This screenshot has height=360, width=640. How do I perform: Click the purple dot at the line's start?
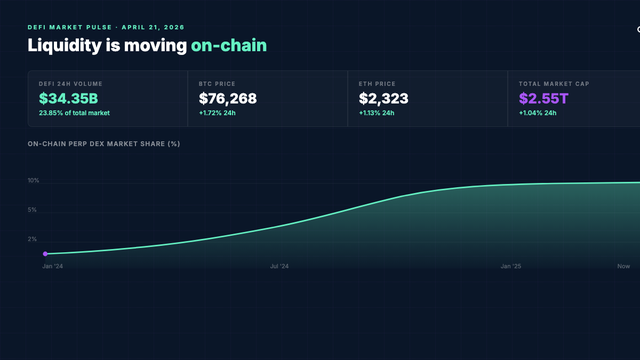(45, 254)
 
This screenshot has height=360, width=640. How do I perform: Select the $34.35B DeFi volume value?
(68, 99)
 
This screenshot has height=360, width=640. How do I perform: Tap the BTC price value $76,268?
(228, 99)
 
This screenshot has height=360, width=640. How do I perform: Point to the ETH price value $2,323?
(383, 99)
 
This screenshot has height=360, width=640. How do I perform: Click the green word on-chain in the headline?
(229, 45)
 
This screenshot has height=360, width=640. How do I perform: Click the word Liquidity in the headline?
(64, 45)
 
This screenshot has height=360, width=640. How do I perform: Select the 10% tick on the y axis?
(34, 181)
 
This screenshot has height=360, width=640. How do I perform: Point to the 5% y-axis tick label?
(32, 210)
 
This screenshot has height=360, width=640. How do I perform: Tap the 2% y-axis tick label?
(32, 239)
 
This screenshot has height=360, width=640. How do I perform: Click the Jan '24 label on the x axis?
(52, 266)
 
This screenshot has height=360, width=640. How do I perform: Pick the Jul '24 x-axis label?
(279, 266)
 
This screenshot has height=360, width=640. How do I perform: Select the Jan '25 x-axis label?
(511, 266)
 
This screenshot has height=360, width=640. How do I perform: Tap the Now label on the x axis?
(623, 266)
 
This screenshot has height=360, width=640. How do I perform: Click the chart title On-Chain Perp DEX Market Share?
(103, 144)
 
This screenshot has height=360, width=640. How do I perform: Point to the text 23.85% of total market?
(74, 113)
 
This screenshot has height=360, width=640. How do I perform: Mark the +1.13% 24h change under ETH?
(377, 113)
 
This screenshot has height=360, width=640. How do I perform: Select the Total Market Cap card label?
(554, 84)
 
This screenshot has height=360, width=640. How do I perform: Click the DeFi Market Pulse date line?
(106, 27)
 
